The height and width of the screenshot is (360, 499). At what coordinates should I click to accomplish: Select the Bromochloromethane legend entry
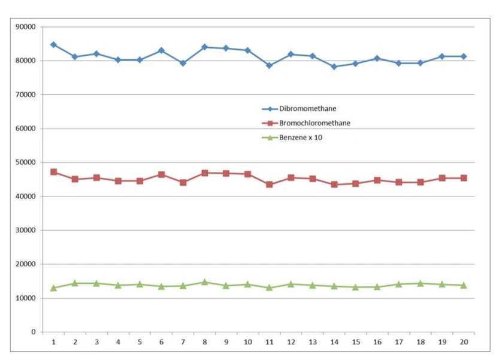coord(314,123)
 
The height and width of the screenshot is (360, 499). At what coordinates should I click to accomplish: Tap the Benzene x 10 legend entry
coord(301,137)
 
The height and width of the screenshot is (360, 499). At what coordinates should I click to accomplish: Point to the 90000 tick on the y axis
coord(26,27)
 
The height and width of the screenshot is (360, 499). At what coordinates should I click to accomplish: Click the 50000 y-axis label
coord(26,162)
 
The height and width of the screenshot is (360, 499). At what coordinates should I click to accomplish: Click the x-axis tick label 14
coord(334,341)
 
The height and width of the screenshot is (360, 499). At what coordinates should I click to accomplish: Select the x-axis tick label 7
coord(183,341)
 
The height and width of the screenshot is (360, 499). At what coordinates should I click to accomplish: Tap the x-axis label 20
coord(464,341)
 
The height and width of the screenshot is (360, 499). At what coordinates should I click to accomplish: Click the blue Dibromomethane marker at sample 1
coord(53,45)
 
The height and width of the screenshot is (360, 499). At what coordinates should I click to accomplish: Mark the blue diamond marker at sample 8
coord(204,47)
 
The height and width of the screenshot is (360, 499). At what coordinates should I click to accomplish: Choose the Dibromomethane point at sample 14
coord(334,66)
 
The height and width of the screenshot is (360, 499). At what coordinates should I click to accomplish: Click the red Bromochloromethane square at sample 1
coord(53,172)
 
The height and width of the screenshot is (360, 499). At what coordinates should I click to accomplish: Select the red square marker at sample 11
coord(269,184)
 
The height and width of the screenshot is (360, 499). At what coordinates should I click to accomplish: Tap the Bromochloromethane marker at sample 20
coord(464,178)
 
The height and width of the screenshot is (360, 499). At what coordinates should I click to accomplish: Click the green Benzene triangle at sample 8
coord(204,282)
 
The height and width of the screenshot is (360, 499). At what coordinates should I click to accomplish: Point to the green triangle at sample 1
coord(53,288)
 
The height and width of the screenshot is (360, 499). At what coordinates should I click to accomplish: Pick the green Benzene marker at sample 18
coord(421,283)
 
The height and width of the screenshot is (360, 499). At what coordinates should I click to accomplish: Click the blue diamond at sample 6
coord(161,50)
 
